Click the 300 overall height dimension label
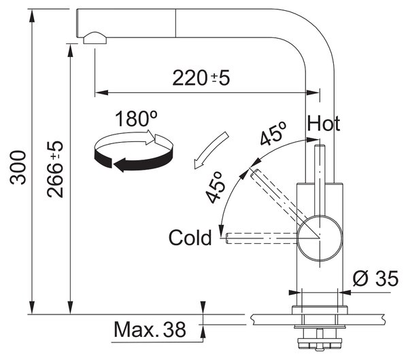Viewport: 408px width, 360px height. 18,167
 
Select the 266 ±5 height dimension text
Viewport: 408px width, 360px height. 55,169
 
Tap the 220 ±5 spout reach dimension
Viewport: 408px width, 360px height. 201,78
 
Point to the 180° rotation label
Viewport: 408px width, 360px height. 136,118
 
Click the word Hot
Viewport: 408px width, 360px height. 324,123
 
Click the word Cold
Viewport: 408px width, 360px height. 190,237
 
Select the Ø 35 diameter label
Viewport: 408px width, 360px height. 375,278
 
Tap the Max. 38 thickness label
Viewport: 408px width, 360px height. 150,329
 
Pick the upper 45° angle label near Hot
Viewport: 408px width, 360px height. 273,133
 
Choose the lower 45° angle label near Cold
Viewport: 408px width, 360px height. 215,187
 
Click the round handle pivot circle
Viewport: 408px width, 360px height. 320,238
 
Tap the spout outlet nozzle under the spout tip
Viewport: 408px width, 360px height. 95,38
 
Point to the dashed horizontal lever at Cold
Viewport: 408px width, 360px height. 262,238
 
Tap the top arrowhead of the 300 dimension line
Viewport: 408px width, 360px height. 32,16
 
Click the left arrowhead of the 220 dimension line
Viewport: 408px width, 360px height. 102,92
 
